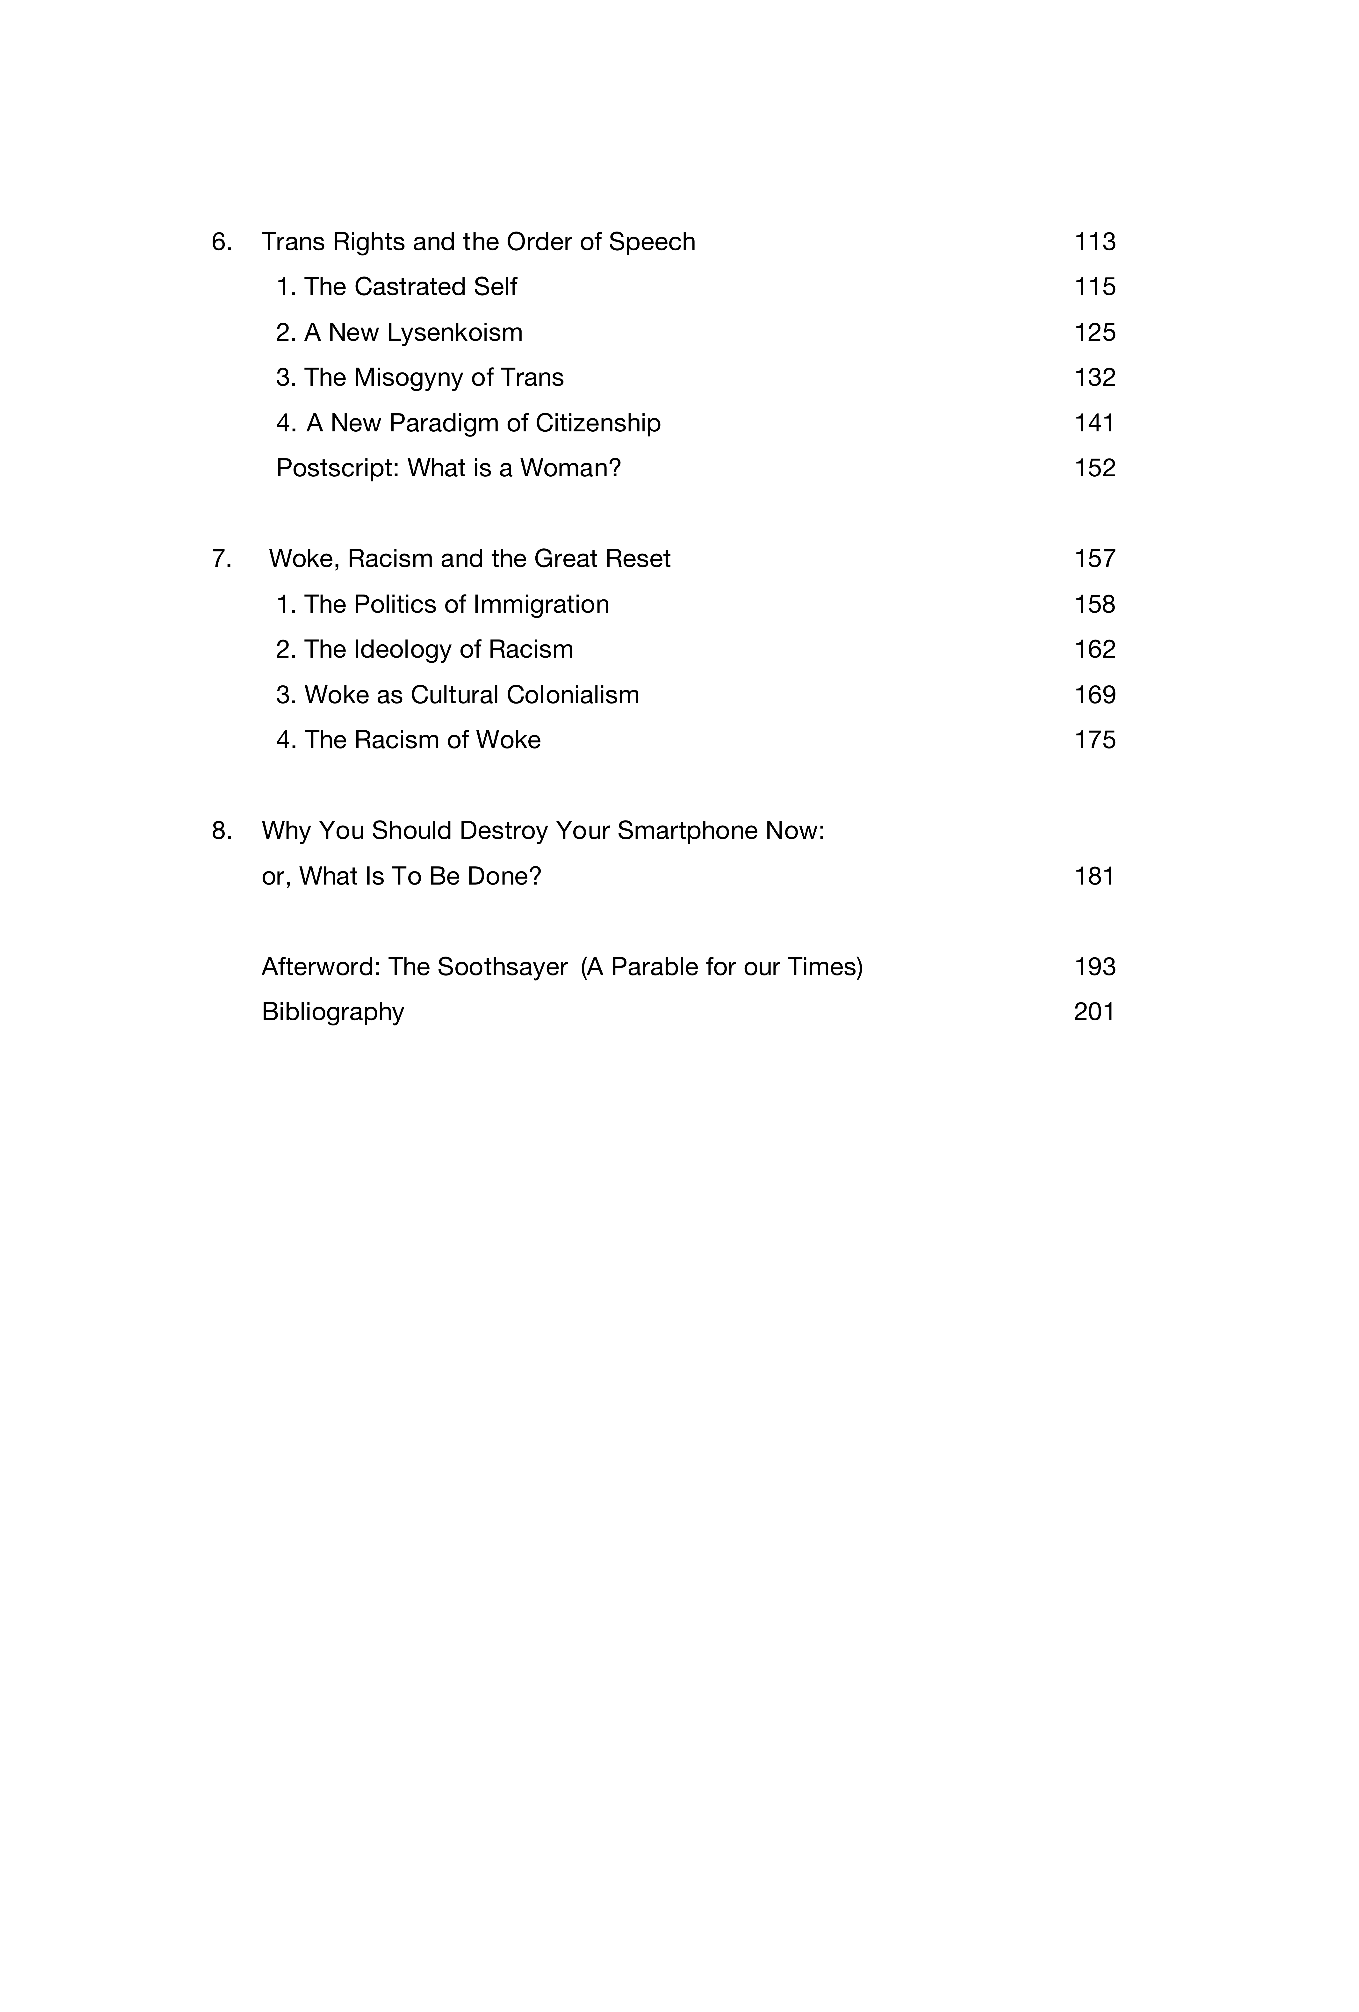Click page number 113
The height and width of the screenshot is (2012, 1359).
(1094, 241)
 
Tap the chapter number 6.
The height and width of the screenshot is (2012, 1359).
(222, 241)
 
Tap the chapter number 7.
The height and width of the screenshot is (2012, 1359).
(222, 559)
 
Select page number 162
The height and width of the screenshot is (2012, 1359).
(1094, 649)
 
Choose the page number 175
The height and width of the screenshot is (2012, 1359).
(1094, 740)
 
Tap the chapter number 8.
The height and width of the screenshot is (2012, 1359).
(222, 831)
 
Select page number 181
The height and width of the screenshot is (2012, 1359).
(1094, 876)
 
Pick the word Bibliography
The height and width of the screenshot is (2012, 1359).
(332, 1012)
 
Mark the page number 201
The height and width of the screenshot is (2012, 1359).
(1094, 1012)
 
